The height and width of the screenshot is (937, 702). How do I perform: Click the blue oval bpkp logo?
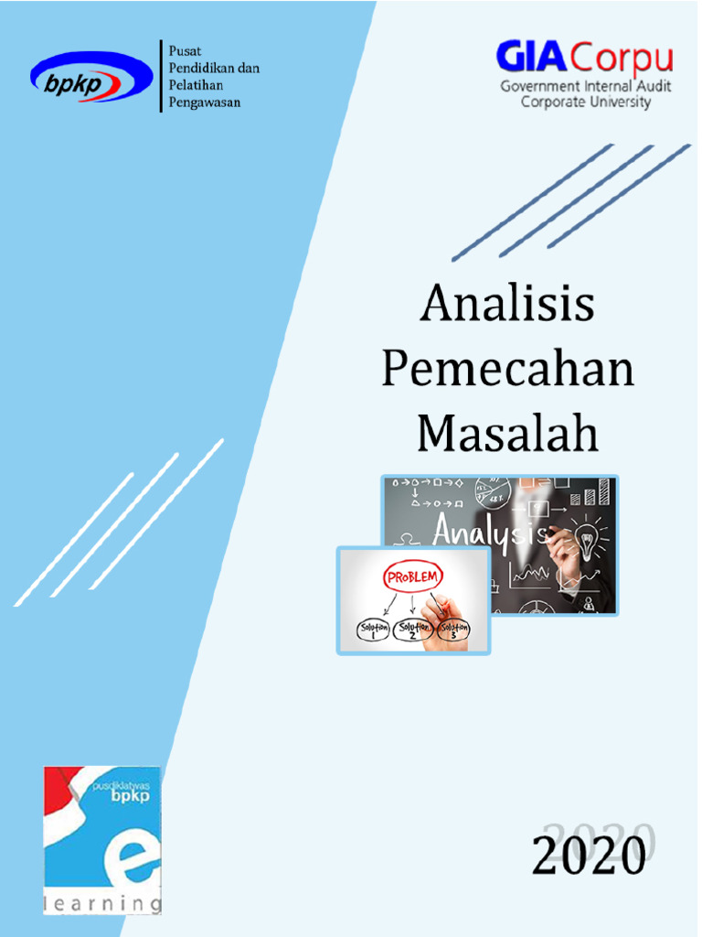91,78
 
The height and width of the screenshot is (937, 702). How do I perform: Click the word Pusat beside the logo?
185,51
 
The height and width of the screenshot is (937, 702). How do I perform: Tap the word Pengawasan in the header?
205,102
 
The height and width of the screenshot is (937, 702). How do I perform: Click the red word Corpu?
622,60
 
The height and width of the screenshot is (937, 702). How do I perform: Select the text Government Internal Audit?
586,86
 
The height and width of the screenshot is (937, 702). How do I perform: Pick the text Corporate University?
586,102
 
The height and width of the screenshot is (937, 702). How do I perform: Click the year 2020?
589,856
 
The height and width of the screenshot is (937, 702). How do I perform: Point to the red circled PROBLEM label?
413,577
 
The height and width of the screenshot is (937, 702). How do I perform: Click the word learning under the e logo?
102,904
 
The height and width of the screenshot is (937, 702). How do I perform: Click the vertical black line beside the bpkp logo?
161,77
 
